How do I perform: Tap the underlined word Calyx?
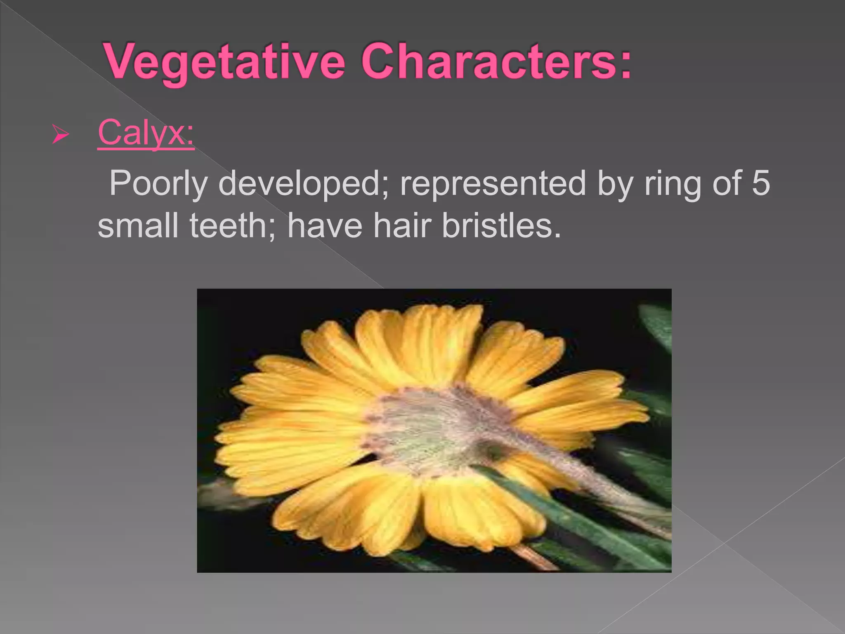(x=146, y=133)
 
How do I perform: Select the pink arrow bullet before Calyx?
(x=60, y=136)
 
